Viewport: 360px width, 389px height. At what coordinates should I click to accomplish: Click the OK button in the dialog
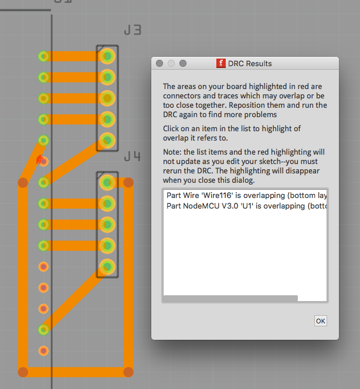click(321, 321)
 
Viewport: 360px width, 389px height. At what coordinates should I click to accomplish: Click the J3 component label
click(133, 30)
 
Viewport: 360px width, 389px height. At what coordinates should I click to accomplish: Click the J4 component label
click(133, 156)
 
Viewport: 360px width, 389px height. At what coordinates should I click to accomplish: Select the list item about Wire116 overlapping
click(246, 196)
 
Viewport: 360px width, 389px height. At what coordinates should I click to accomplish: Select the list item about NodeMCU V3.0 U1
click(246, 206)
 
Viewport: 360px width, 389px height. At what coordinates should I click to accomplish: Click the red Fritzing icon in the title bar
click(220, 63)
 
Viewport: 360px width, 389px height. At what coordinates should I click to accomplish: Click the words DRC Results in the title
click(250, 63)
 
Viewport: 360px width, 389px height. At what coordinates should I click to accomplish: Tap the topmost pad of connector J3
click(107, 56)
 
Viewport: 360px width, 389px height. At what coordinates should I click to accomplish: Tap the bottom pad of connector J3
click(107, 141)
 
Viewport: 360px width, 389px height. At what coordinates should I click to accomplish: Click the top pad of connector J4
click(107, 183)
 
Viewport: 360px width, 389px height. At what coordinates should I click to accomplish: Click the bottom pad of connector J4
click(107, 267)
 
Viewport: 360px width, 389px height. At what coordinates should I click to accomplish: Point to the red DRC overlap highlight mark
click(39, 159)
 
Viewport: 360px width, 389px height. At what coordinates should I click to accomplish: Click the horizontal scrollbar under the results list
click(230, 298)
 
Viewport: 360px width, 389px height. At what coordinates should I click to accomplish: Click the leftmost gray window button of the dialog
click(159, 63)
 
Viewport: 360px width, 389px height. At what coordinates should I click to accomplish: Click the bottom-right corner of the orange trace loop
click(128, 372)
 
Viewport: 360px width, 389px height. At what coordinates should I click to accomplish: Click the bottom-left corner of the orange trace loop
click(23, 372)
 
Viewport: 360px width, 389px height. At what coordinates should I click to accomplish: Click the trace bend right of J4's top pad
click(128, 183)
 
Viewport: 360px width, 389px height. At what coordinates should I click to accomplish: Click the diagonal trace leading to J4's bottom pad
click(76, 298)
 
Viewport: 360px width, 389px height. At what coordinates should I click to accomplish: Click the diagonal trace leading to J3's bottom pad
click(76, 162)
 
